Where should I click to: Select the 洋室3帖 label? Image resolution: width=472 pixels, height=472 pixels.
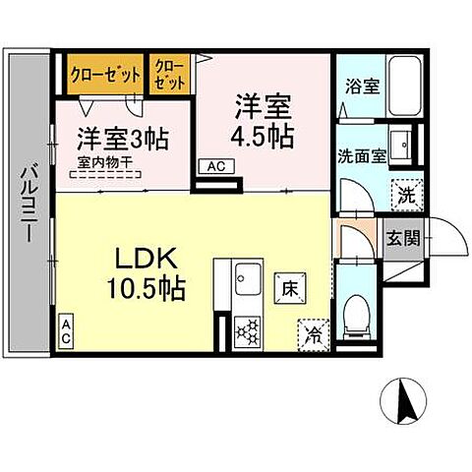[124, 138]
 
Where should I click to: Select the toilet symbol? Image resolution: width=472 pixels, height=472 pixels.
[355, 314]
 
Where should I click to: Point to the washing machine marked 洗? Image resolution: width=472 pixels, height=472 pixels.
[405, 193]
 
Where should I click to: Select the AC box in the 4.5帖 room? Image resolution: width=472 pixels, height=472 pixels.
[215, 167]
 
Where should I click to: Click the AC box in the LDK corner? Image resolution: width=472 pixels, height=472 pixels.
[67, 328]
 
